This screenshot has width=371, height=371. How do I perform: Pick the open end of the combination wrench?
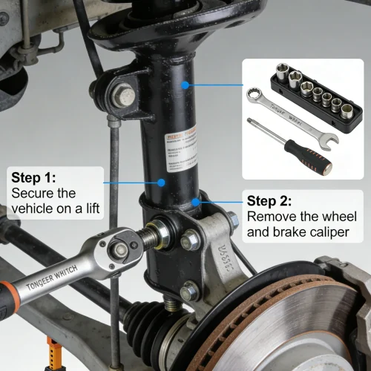327,137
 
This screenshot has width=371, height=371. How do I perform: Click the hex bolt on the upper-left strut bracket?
124,94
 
